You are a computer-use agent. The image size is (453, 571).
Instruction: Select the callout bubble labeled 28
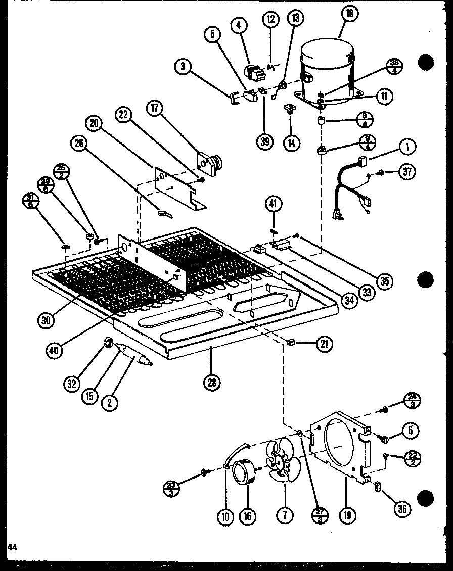click(x=211, y=382)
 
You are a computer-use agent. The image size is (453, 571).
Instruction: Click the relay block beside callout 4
click(x=254, y=71)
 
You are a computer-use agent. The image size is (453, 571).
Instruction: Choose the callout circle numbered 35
click(x=385, y=280)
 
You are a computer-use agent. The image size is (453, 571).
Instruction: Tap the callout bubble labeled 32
click(x=73, y=384)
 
